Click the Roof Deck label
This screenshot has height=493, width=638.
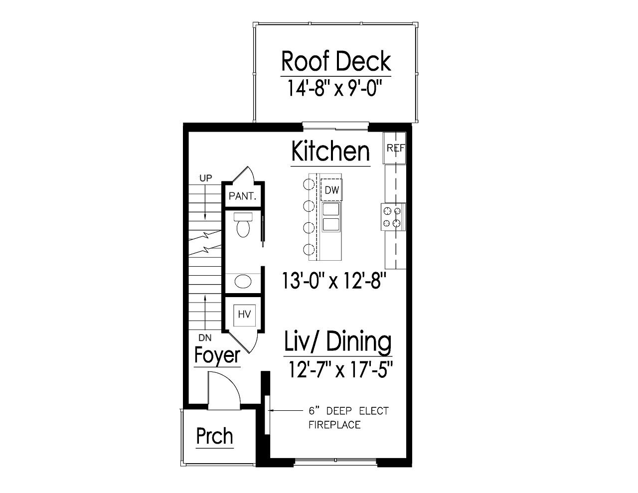click(335, 61)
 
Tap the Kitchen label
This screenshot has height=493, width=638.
click(330, 151)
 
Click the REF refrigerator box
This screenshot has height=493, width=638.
click(395, 148)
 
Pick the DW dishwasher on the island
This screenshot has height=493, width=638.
click(331, 190)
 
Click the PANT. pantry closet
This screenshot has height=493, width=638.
click(242, 196)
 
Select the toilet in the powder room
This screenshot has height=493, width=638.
click(243, 225)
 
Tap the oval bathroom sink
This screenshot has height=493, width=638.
click(243, 282)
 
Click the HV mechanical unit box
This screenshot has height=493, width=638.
click(244, 315)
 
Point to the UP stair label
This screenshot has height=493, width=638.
click(205, 178)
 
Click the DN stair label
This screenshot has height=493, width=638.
click(205, 337)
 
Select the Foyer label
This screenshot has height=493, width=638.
click(217, 355)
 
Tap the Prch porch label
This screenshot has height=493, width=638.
click(214, 436)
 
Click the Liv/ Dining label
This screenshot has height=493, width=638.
click(337, 342)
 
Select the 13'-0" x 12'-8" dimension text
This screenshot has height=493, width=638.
click(334, 281)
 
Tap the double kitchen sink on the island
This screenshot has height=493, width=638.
click(331, 217)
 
